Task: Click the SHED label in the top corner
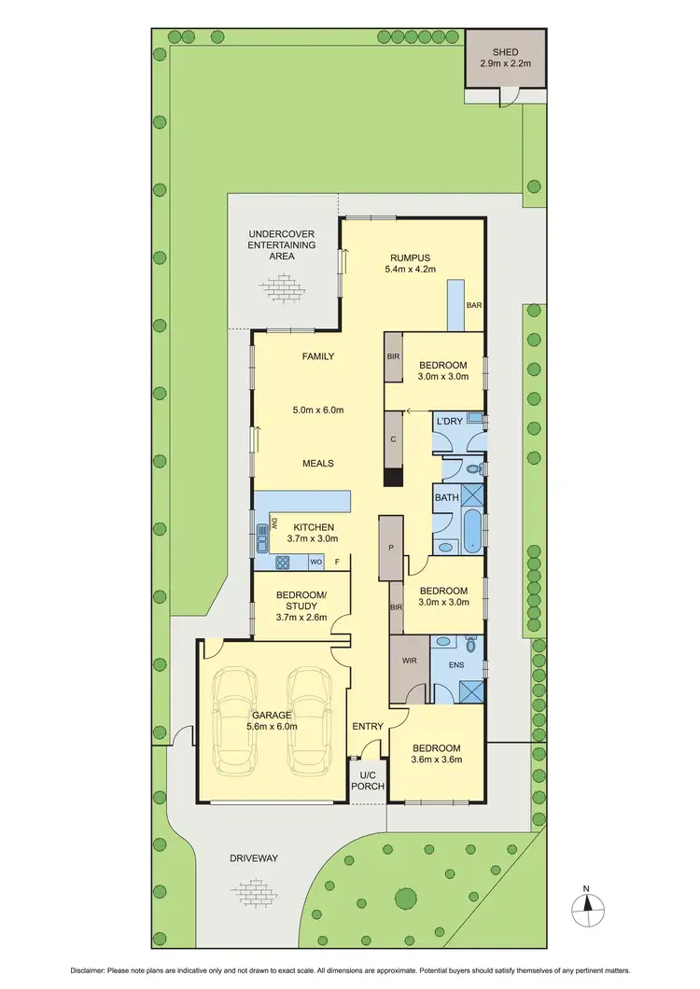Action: (x=505, y=52)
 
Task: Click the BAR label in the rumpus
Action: (x=473, y=305)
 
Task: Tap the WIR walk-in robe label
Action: (x=408, y=659)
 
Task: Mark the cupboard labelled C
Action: (x=393, y=439)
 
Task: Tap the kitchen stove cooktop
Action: (x=283, y=562)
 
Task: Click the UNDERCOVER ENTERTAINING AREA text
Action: (x=281, y=244)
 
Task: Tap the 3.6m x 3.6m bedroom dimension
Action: (x=436, y=759)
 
